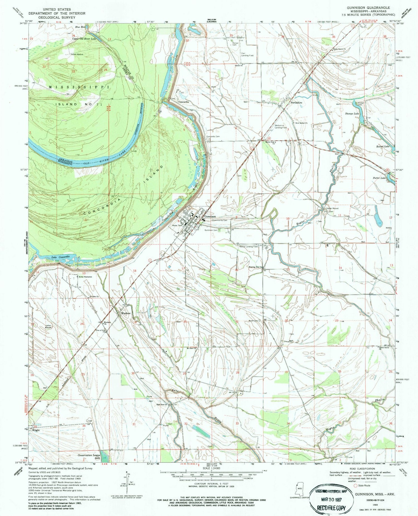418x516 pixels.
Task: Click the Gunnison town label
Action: pos(210,216)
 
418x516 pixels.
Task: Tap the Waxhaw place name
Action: pos(126,313)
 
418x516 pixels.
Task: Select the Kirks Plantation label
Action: pos(85,277)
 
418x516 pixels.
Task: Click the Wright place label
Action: pos(36,430)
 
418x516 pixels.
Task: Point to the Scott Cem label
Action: pos(253,321)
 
